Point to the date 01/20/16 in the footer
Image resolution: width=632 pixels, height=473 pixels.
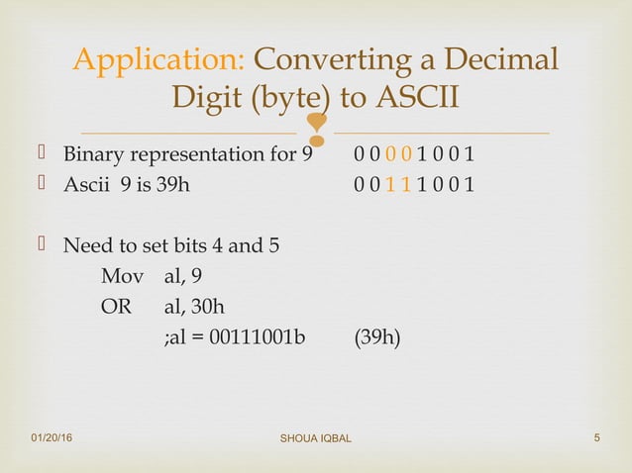57,435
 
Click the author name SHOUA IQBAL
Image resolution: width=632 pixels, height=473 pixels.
315,437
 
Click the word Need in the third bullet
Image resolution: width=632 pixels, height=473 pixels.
86,244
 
